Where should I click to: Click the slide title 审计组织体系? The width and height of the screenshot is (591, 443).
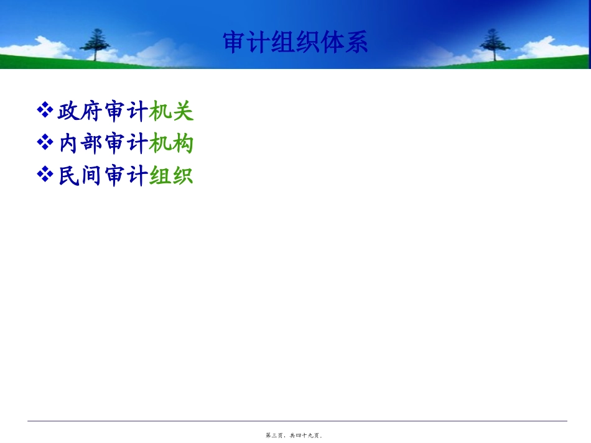295,42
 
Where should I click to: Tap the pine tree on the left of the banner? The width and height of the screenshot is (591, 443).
95,43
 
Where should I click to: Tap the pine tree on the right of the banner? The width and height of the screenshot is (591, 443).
495,43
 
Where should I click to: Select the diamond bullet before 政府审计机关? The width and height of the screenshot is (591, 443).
45,111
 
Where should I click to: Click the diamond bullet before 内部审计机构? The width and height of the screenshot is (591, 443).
45,144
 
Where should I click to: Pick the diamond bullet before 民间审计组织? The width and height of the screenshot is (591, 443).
45,176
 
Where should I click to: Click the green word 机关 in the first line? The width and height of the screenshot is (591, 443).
172,112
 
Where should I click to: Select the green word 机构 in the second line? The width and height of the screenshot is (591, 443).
172,144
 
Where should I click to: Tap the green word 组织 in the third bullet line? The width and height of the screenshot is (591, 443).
172,176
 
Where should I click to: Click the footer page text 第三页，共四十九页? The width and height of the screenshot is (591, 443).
295,436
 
